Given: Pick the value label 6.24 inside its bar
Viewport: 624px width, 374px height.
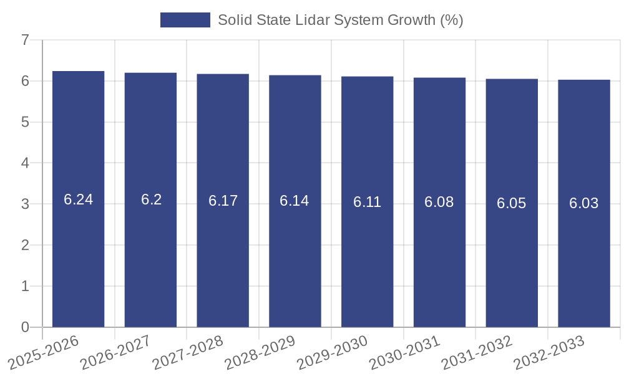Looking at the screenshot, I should pos(79,200).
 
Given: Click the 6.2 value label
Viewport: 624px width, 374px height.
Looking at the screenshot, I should pos(151,200).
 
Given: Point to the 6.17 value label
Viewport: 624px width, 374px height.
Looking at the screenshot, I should pos(223,201).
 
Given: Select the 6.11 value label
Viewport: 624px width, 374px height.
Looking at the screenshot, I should pos(368,202).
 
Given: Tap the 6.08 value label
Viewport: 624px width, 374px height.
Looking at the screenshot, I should pos(439,202).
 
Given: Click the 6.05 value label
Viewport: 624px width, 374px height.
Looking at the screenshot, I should pos(512,203).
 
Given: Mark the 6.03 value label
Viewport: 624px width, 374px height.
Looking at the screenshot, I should pos(584,203).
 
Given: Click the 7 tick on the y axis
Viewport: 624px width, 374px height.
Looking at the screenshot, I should pos(25,41).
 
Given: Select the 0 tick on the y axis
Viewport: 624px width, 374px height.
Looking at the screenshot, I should pos(25,327).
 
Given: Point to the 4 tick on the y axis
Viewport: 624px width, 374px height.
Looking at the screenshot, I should pos(25,163).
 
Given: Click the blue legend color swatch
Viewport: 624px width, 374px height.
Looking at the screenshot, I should pos(185,20).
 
